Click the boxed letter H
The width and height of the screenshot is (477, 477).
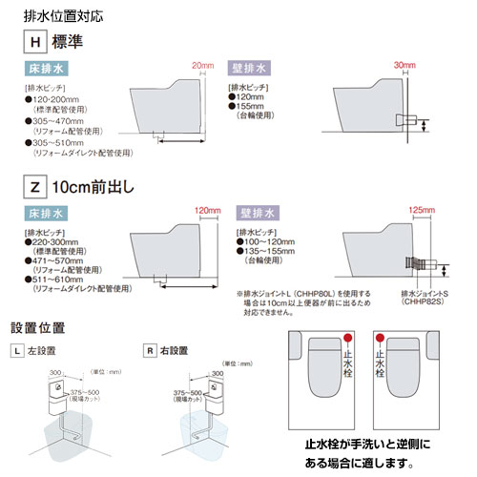pyautogui.click(x=33, y=43)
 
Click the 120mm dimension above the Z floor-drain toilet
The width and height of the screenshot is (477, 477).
pyautogui.click(x=207, y=210)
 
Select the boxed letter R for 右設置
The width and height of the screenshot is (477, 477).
pyautogui.click(x=149, y=350)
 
